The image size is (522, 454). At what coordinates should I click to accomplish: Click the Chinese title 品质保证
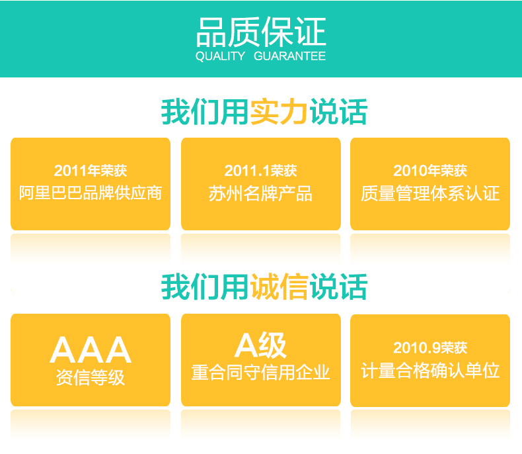(x=261, y=32)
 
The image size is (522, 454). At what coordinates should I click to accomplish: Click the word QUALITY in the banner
(x=221, y=56)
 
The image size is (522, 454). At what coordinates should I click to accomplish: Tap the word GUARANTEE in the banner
(x=289, y=56)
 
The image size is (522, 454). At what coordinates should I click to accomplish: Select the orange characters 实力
(x=279, y=112)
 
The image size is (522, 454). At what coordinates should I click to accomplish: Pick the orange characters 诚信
(x=279, y=287)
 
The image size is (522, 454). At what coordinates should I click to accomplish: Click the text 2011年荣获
(x=91, y=171)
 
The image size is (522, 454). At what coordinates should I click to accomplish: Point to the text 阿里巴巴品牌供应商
(x=91, y=193)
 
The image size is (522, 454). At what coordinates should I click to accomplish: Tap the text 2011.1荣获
(x=260, y=171)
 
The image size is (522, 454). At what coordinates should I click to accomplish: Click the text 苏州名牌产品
(x=260, y=193)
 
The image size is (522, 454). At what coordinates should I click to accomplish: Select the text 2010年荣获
(x=430, y=171)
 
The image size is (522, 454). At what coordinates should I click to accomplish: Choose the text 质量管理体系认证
(x=430, y=193)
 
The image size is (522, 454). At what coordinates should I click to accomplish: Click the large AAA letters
(x=91, y=349)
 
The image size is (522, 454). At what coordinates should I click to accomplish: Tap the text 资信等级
(x=91, y=377)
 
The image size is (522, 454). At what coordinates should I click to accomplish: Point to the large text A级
(x=260, y=345)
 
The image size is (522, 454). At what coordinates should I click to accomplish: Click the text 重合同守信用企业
(x=260, y=373)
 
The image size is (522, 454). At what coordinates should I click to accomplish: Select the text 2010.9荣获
(x=430, y=347)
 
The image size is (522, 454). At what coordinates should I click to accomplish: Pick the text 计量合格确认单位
(x=430, y=371)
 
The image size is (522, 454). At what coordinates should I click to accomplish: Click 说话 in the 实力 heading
(x=338, y=112)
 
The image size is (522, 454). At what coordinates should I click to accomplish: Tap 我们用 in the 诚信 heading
(x=205, y=287)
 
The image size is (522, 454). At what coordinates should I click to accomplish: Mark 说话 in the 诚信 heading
(x=338, y=287)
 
